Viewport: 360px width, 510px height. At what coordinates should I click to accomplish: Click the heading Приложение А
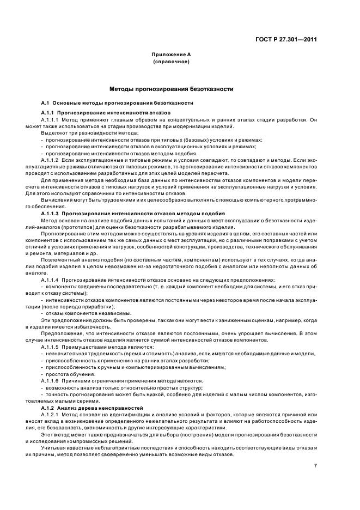[171, 54]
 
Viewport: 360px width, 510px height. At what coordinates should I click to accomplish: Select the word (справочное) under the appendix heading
[171, 62]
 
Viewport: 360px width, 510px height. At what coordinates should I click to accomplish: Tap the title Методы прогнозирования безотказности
[171, 88]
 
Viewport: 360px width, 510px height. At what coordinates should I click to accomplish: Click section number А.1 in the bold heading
[45, 103]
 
